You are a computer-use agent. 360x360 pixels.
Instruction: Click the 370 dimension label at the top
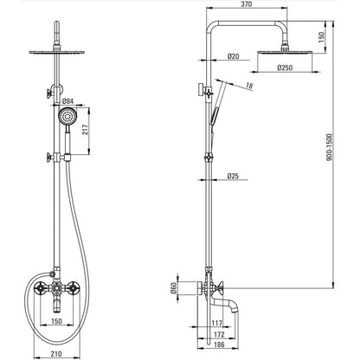247,4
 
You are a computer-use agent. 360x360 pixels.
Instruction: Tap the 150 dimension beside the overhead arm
322,36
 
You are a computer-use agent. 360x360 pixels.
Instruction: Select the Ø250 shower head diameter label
285,67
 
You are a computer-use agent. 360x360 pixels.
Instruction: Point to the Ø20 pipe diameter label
233,56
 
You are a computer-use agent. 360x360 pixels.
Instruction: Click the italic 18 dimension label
249,86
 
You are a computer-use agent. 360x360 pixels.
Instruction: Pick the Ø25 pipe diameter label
233,176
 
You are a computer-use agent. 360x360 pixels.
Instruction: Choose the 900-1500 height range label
330,147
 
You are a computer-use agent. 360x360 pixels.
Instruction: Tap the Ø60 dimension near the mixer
173,288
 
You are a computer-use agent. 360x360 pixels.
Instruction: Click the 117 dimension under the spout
217,323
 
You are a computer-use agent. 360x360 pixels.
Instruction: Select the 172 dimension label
219,335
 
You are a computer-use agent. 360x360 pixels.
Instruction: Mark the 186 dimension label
219,344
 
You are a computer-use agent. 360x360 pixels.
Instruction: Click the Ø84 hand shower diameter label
68,101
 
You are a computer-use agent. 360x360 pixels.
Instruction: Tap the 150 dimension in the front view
56,321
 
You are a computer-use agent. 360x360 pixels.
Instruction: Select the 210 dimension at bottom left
56,354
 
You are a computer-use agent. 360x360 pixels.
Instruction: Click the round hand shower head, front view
67,117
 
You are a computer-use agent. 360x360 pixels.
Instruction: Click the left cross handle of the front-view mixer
40,288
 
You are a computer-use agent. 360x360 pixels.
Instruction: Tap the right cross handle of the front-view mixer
73,288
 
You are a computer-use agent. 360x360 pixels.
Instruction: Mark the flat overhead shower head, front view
57,52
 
